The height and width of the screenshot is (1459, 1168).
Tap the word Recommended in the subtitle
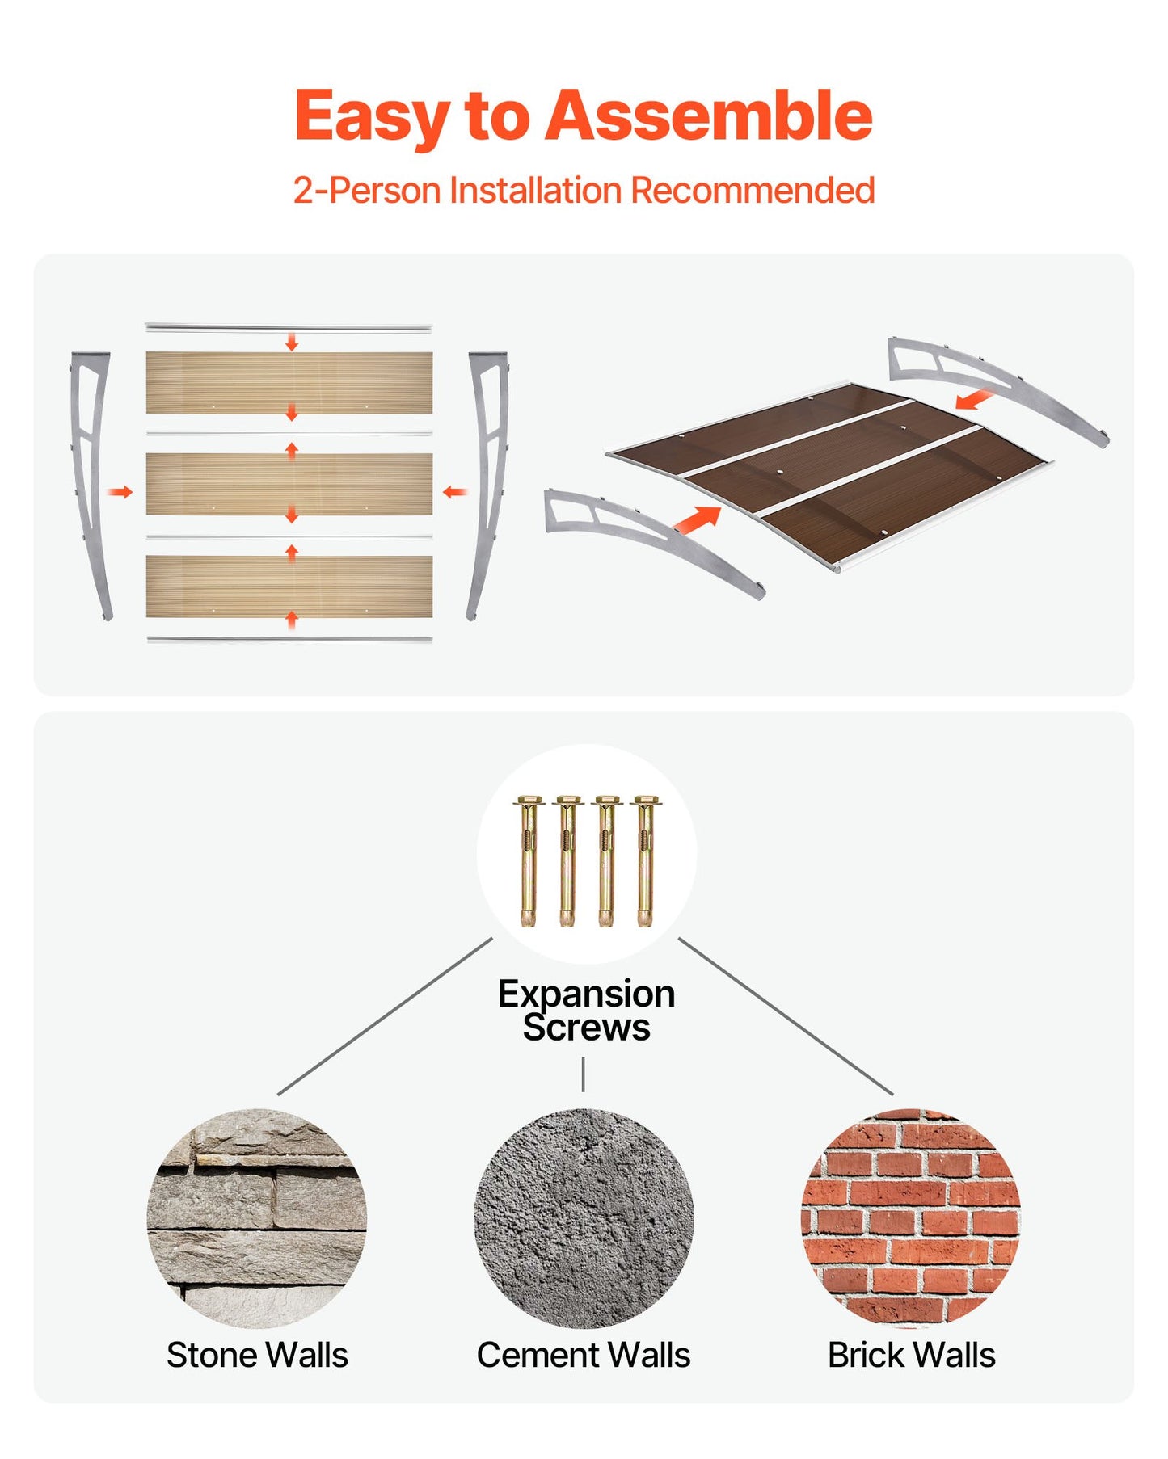click(753, 191)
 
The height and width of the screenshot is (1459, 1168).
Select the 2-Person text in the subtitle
click(367, 191)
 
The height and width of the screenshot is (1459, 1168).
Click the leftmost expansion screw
click(528, 861)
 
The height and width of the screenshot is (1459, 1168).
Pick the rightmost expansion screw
click(645, 861)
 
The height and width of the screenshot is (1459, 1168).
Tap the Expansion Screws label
click(586, 1011)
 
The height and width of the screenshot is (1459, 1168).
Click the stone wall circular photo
click(257, 1218)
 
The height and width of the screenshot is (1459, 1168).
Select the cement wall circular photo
click(584, 1218)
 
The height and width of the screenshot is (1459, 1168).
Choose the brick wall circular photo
click(911, 1218)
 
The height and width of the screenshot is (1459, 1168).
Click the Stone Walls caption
click(257, 1355)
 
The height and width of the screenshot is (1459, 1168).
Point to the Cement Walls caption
click(584, 1355)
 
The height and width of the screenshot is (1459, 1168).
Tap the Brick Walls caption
click(911, 1355)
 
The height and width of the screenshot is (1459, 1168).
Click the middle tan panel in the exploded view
click(289, 484)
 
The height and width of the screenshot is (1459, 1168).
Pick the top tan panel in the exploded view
click(289, 382)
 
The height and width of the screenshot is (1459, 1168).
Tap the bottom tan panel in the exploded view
click(289, 586)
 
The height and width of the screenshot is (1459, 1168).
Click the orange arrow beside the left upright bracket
click(120, 492)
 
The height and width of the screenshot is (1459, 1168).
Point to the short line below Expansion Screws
click(583, 1074)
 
